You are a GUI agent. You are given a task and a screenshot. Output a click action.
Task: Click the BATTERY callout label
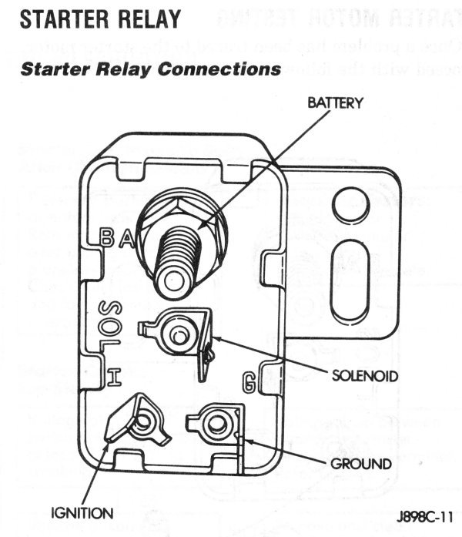click(335, 103)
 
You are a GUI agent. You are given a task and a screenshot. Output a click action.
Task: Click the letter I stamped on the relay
click(112, 377)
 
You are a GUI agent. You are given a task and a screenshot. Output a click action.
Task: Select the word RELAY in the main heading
click(145, 19)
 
